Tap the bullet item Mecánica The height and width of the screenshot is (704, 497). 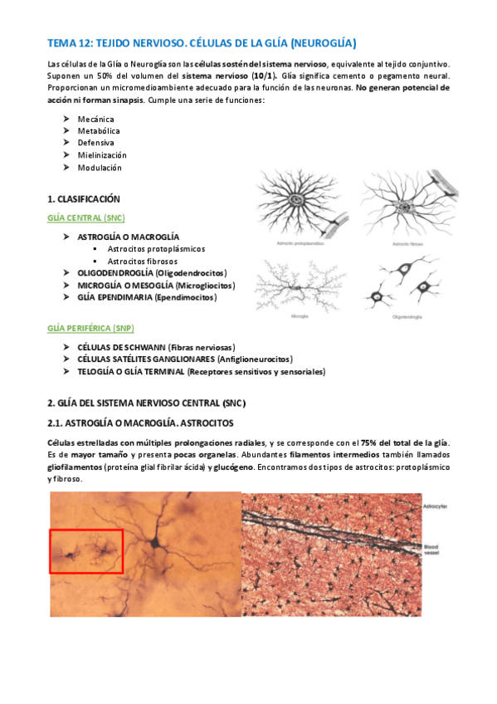tap(95, 119)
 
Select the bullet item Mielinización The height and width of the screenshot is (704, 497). tap(102, 155)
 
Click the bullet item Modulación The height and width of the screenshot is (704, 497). tap(100, 167)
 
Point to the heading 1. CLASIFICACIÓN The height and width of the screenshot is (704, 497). tap(84, 199)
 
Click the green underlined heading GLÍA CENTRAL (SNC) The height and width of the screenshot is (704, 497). tap(86, 218)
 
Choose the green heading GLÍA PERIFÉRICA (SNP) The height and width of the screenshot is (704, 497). tap(90, 327)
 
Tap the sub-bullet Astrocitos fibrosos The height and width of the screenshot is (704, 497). tap(149, 261)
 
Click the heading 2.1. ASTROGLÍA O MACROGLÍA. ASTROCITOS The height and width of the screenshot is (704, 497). tap(142, 423)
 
